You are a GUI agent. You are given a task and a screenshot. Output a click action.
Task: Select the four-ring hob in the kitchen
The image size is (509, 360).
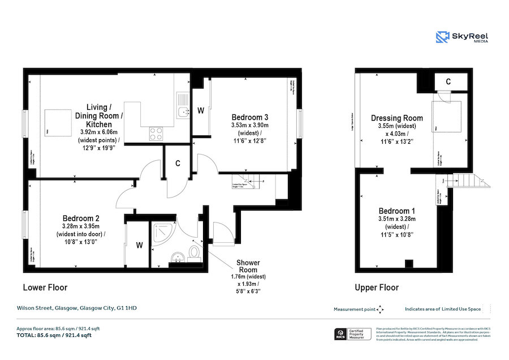(157, 134)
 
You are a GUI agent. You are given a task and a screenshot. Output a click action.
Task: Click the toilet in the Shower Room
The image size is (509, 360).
(195, 253)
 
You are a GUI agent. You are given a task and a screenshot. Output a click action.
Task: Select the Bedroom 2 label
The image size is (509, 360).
(81, 218)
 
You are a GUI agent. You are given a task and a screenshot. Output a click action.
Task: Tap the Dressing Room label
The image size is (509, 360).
(396, 118)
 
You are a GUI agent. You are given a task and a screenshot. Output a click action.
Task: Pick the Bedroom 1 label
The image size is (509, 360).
(396, 211)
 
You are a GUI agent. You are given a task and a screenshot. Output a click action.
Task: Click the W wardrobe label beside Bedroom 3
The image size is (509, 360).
(200, 111)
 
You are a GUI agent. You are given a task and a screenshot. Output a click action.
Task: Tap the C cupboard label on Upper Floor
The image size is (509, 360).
(448, 82)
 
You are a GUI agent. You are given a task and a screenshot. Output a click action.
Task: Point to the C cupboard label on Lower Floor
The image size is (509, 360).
(178, 164)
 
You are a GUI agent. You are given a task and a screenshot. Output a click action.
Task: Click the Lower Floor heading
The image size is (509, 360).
(45, 288)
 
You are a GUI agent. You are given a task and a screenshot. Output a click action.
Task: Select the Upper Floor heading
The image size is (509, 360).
(377, 288)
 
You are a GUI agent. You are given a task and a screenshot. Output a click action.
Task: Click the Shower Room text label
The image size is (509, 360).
(248, 267)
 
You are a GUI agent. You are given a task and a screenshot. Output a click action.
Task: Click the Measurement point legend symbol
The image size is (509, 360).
(380, 309)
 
